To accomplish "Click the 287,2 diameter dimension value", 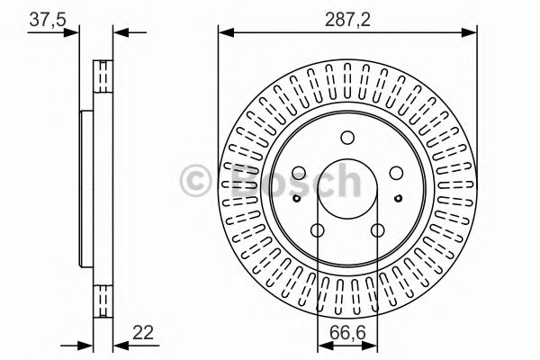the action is click(347, 20).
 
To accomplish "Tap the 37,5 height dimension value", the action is click(47, 19).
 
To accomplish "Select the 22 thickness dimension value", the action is click(143, 332).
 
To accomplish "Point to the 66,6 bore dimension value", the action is click(347, 333).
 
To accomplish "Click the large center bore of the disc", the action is click(347, 188).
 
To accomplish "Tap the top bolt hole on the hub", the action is click(347, 138).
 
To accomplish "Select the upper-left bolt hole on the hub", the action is click(299, 173).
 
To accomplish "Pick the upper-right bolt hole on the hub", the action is click(396, 173).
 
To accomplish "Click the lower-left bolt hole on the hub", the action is click(317, 230).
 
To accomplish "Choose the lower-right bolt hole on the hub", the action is click(378, 230).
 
